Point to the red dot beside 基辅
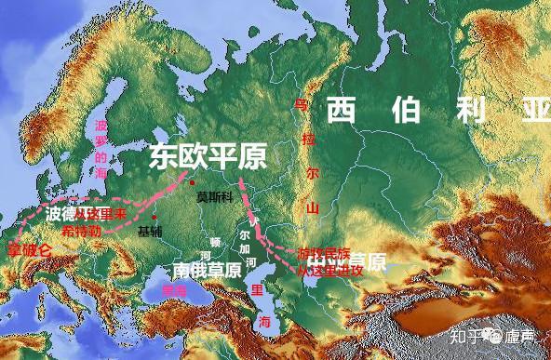click(x=155, y=218)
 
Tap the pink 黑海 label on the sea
click(x=173, y=290)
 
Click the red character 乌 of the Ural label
click(x=300, y=104)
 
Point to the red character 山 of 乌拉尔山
click(x=313, y=207)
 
